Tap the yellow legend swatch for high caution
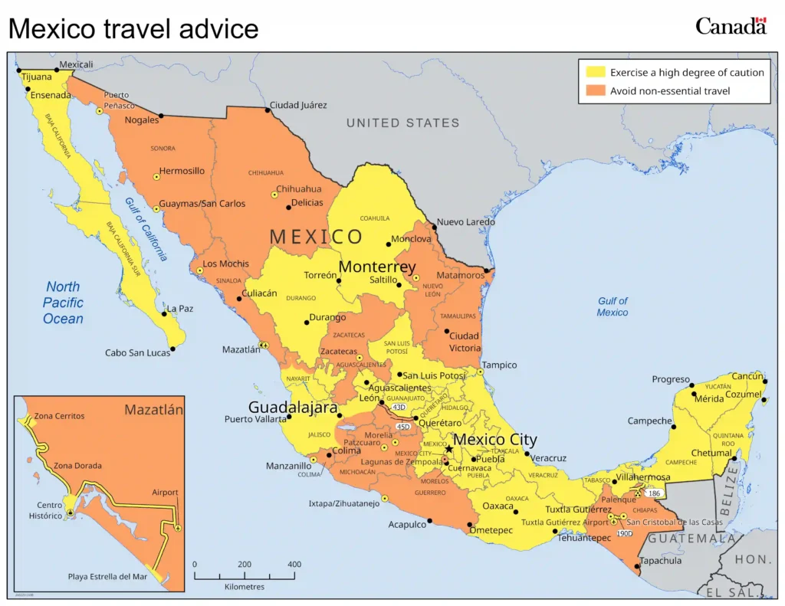(x=596, y=72)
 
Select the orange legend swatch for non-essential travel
(x=596, y=90)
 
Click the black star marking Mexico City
(x=449, y=449)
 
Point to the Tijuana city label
(x=36, y=77)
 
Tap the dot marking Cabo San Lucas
(x=172, y=349)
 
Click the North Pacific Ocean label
(x=63, y=303)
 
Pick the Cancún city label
(x=747, y=376)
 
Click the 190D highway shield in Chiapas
(x=624, y=532)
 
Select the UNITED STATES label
(x=402, y=123)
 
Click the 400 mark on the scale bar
(x=294, y=565)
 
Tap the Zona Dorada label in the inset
(x=77, y=466)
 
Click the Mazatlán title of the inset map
(x=153, y=410)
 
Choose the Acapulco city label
(x=406, y=525)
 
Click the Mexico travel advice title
(x=133, y=29)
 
